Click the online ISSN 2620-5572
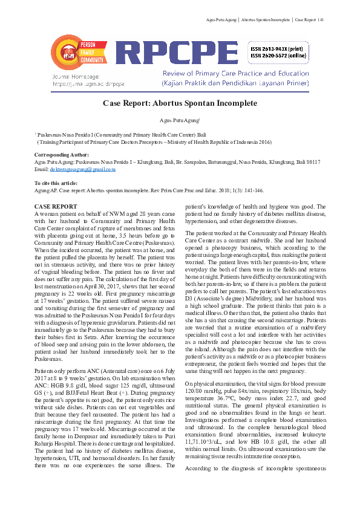(279, 56)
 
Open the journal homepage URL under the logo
(88, 84)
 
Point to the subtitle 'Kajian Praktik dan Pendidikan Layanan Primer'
(235, 83)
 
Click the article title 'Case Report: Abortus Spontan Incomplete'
(179, 103)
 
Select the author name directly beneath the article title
(179, 120)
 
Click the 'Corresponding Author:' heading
(62, 155)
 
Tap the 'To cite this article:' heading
(56, 183)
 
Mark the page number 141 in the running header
(321, 21)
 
